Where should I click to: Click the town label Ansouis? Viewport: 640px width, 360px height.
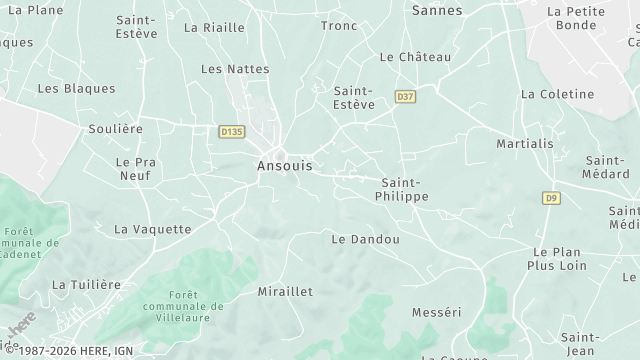pyautogui.click(x=284, y=166)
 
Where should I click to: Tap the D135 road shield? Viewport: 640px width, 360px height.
pyautogui.click(x=231, y=131)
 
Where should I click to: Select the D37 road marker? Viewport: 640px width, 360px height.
pyautogui.click(x=405, y=97)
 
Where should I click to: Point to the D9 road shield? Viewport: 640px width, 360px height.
pyautogui.click(x=551, y=198)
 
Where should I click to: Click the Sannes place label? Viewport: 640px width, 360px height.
pyautogui.click(x=437, y=10)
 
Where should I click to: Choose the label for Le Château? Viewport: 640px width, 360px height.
pyautogui.click(x=416, y=57)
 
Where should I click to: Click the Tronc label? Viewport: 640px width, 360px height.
pyautogui.click(x=339, y=26)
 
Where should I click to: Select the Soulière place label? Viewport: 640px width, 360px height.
pyautogui.click(x=112, y=129)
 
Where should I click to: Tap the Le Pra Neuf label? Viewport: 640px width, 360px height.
pyautogui.click(x=132, y=168)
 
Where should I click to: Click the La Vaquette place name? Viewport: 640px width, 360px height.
pyautogui.click(x=152, y=229)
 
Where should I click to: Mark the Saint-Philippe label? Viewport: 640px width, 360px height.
pyautogui.click(x=405, y=190)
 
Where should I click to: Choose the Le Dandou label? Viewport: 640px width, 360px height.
pyautogui.click(x=365, y=240)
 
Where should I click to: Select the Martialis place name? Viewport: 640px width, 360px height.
pyautogui.click(x=525, y=144)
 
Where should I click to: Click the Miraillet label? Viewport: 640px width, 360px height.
pyautogui.click(x=285, y=291)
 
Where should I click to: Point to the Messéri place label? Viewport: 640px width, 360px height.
pyautogui.click(x=437, y=313)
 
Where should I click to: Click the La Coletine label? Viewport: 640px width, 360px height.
pyautogui.click(x=557, y=94)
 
